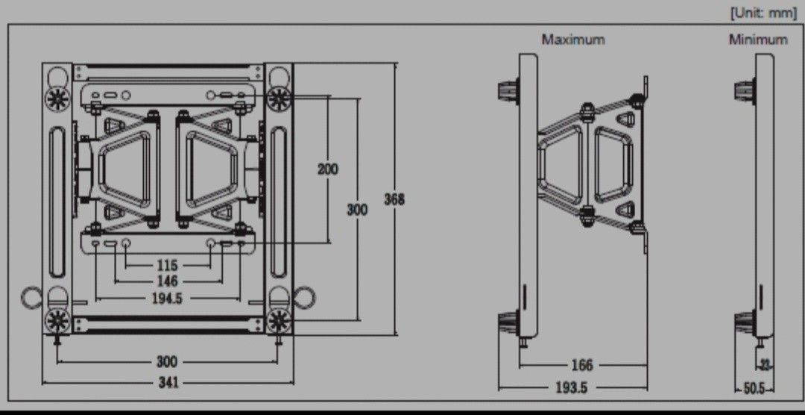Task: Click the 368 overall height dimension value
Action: pyautogui.click(x=394, y=200)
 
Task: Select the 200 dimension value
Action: pyautogui.click(x=327, y=169)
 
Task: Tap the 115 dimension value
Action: pyautogui.click(x=168, y=265)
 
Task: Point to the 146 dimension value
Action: pyautogui.click(x=168, y=281)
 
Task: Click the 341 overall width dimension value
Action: pyautogui.click(x=168, y=383)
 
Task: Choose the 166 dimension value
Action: pyautogui.click(x=581, y=365)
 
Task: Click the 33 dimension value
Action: pyautogui.click(x=765, y=365)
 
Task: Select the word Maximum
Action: pyautogui.click(x=573, y=39)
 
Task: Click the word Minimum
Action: pyautogui.click(x=757, y=39)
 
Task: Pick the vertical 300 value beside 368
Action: pyautogui.click(x=357, y=210)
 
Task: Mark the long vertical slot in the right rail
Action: pyautogui.click(x=278, y=202)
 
